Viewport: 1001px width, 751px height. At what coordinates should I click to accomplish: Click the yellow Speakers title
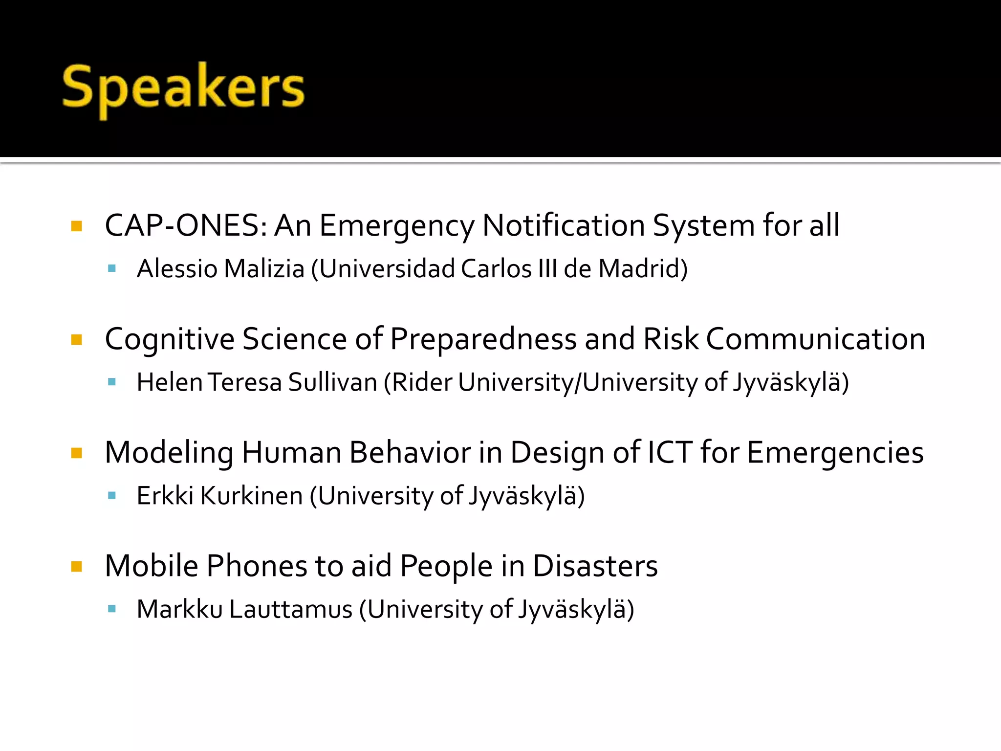coord(183,88)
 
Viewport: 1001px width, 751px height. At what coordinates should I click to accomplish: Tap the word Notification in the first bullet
coord(564,226)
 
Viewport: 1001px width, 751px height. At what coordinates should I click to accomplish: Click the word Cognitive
coord(170,339)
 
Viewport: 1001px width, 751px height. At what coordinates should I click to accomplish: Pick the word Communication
coord(815,339)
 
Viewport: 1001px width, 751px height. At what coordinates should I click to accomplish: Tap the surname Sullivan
coord(332,382)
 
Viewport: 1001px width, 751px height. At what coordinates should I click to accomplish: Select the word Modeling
coord(169,453)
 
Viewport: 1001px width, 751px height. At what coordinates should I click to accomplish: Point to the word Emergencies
coord(835,453)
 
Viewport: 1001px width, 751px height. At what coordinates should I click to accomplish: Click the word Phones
coord(257,566)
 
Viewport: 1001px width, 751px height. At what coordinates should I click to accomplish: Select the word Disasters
coord(595,566)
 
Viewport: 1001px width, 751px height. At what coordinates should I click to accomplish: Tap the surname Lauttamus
coord(291,609)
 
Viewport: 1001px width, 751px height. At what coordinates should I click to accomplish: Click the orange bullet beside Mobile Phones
coord(77,567)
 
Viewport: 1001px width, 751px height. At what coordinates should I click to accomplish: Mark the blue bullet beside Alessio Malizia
coord(112,268)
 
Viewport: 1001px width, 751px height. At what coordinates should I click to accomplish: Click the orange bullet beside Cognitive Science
coord(77,340)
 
